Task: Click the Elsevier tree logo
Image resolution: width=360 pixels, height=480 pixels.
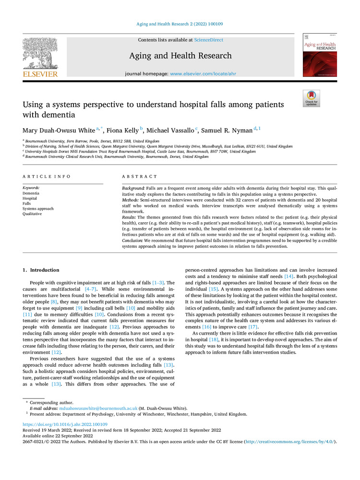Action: pyautogui.click(x=40, y=56)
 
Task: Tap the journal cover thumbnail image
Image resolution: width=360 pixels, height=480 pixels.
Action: pyautogui.click(x=319, y=55)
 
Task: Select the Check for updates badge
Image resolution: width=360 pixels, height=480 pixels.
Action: pyautogui.click(x=311, y=98)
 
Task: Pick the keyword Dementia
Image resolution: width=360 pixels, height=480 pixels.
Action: pyautogui.click(x=31, y=193)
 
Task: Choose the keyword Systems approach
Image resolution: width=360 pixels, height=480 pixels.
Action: pyautogui.click(x=38, y=209)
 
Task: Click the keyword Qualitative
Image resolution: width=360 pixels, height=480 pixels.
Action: pyautogui.click(x=32, y=214)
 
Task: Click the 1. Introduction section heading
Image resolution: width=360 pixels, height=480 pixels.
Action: pyautogui.click(x=41, y=270)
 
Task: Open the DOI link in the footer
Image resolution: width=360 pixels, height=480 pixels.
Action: pyautogui.click(x=65, y=424)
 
